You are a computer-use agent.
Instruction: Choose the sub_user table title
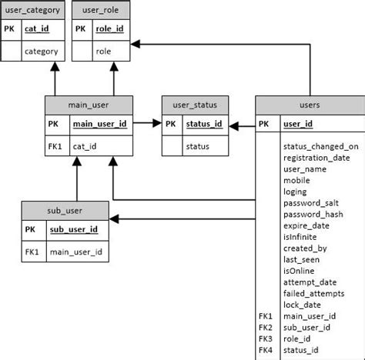click(65, 209)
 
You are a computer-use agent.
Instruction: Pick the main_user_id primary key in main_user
click(99, 123)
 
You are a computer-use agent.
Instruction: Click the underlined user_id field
click(297, 123)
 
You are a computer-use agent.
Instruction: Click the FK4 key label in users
click(266, 349)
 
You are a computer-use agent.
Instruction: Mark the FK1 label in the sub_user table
click(32, 251)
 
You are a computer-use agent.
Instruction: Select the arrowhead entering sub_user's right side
click(112, 219)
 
